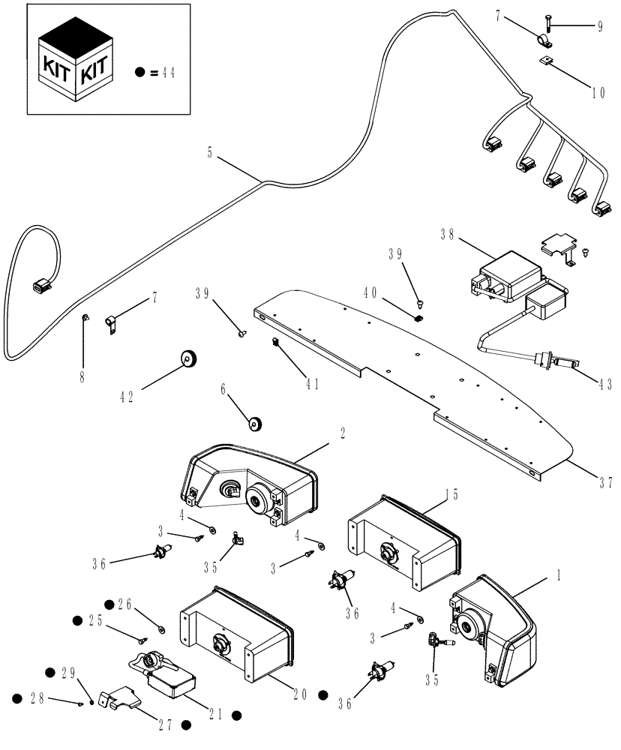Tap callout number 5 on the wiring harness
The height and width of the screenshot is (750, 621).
(210, 152)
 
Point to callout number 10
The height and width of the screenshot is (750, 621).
(598, 94)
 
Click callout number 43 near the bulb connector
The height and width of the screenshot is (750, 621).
(604, 383)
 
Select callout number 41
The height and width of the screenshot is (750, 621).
(311, 383)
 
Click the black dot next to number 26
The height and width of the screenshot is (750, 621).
(109, 603)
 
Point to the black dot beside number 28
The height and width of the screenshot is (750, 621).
(16, 698)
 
